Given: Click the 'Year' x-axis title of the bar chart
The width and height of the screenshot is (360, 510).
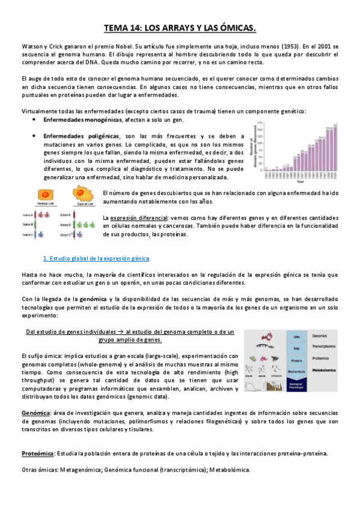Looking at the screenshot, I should pos(300,181).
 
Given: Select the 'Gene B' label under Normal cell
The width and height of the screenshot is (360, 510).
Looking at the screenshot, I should pos(27,224).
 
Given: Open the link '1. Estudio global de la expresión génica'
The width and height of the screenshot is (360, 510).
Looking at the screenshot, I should pos(96,258).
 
